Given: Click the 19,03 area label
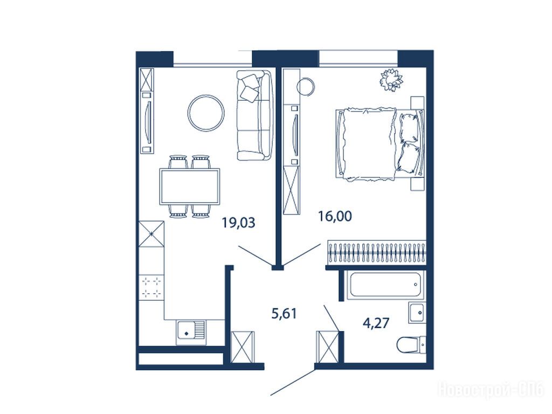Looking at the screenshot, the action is (238, 223).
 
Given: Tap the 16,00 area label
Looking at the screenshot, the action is (335, 216).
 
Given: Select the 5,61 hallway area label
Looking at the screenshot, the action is (284, 313).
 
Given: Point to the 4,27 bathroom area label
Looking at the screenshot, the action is (376, 322).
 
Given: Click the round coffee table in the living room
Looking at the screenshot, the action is (206, 95).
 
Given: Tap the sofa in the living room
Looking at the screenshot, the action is (254, 115).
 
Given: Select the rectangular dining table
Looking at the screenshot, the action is (190, 186).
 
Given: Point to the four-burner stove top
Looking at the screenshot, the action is (151, 287).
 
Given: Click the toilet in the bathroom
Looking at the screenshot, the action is (411, 344).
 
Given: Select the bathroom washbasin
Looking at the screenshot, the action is (417, 312).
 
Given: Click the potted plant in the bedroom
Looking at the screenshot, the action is (391, 80).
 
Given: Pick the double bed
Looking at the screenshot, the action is (380, 144).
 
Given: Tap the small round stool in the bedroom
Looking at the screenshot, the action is (305, 86).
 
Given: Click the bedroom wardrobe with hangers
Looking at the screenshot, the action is (376, 252).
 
